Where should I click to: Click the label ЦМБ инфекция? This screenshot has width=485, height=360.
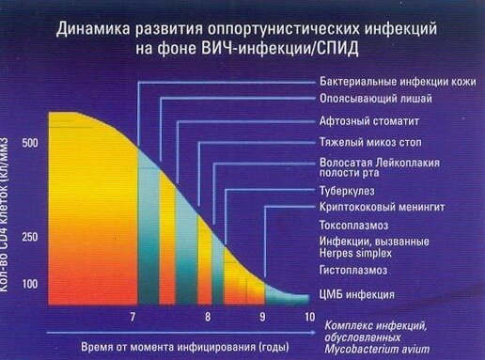tap(356, 294)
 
